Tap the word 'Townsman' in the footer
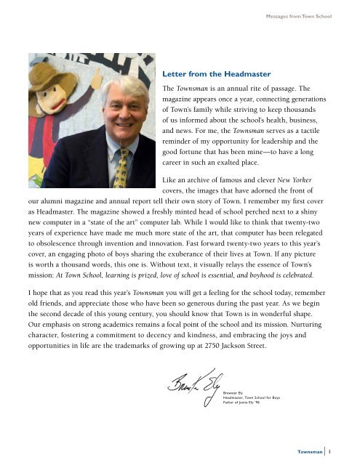click(319, 450)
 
